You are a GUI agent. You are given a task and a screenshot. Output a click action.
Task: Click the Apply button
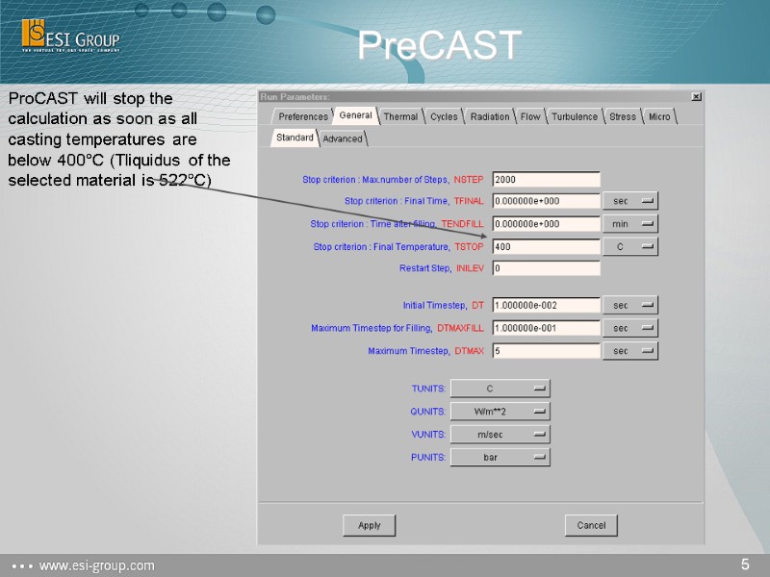[370, 525]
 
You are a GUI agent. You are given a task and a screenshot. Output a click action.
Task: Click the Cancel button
[591, 525]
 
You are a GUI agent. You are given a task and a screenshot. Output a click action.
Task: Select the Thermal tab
[400, 116]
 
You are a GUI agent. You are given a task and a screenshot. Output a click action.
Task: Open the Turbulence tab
[575, 116]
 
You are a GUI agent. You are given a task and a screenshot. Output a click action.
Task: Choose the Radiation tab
[490, 116]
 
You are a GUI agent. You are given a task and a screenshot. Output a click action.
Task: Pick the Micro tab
[659, 116]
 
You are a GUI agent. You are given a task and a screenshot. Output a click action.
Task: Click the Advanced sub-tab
[343, 138]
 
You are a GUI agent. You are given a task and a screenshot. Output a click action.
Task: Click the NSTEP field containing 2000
[546, 179]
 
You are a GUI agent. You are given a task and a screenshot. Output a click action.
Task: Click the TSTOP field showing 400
[546, 246]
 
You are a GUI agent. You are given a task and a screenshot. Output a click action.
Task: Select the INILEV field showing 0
[546, 268]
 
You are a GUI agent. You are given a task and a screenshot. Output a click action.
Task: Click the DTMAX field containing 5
[546, 351]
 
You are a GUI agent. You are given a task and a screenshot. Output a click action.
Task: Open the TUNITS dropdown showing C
[500, 389]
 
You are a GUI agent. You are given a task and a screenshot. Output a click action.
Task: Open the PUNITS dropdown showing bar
[500, 458]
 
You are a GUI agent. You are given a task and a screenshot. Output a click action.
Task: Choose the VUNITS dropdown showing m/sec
[500, 435]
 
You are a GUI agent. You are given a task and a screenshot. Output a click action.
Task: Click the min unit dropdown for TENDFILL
[630, 224]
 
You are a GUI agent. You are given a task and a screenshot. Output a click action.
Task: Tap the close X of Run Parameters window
[697, 96]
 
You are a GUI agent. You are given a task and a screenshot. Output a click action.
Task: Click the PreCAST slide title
[439, 45]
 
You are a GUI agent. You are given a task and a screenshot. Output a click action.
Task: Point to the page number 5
[745, 564]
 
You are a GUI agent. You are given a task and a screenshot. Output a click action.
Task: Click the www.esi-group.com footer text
[95, 565]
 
